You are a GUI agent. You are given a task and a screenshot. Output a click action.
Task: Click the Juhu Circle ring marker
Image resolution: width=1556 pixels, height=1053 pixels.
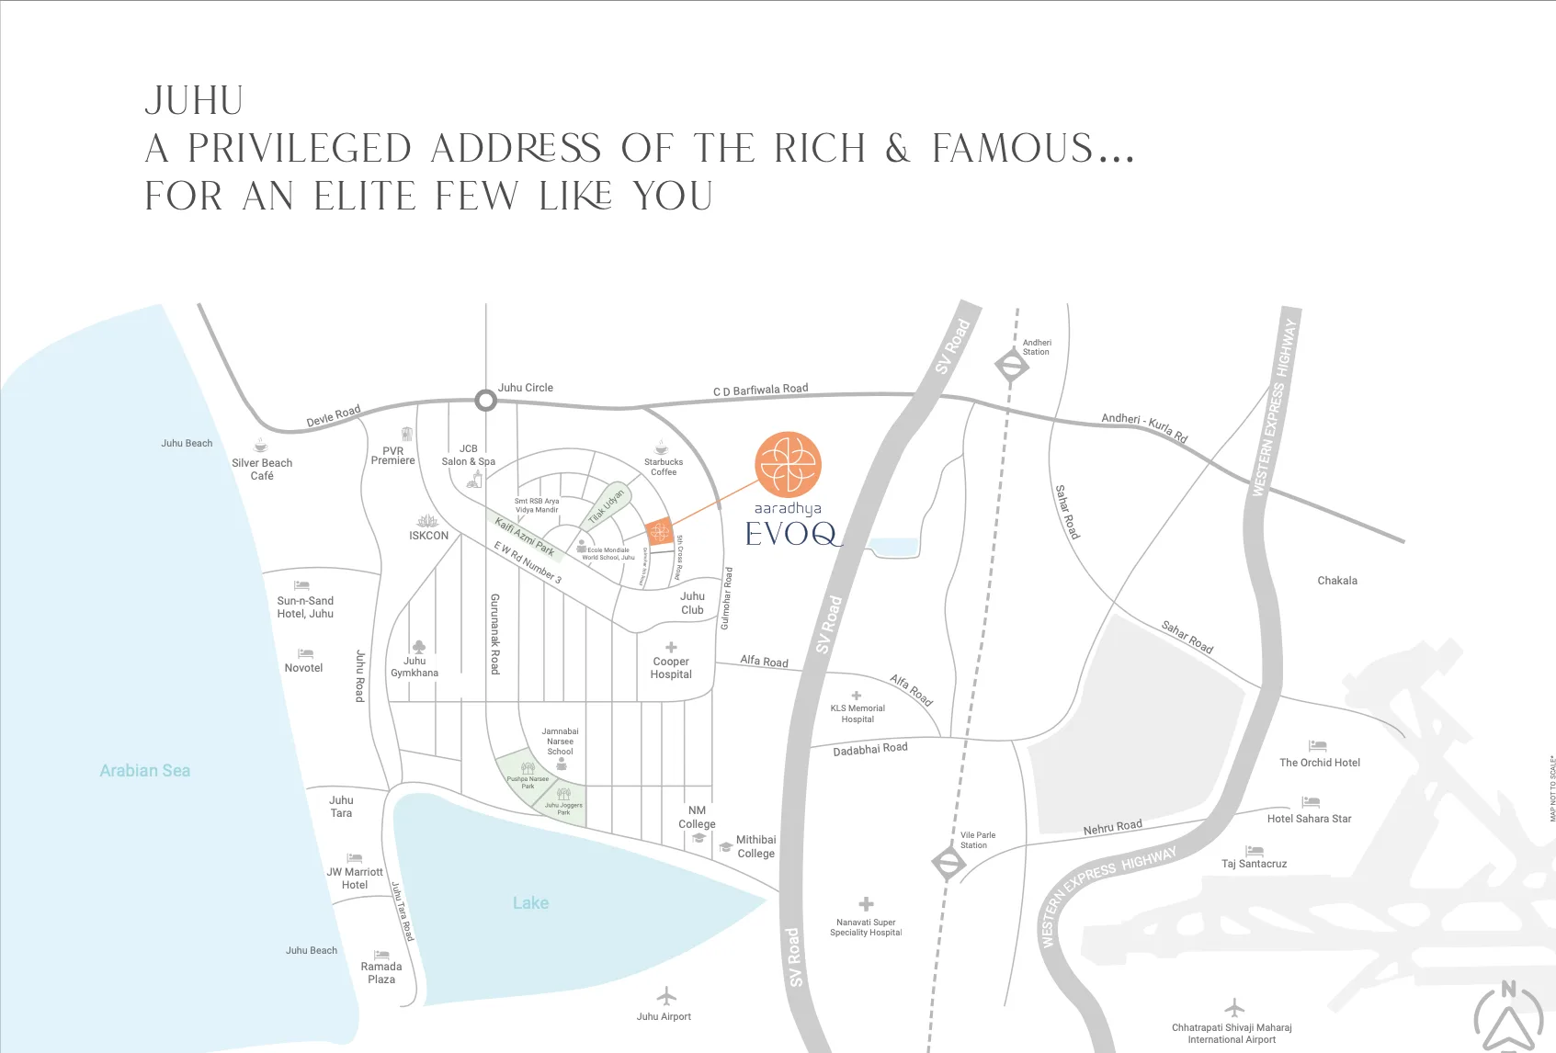pos(485,401)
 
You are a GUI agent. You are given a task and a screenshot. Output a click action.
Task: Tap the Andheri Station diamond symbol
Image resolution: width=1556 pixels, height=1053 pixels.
pos(1011,366)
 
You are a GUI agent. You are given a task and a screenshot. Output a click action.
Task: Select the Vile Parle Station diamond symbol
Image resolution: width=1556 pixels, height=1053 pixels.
pos(948,863)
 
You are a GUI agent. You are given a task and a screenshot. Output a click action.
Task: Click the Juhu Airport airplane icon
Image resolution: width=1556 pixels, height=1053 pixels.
pos(666,996)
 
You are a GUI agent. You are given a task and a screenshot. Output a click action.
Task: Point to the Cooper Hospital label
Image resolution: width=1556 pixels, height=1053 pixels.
pos(671,668)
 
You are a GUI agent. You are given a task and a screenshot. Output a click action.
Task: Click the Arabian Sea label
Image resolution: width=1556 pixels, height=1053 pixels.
pos(145,771)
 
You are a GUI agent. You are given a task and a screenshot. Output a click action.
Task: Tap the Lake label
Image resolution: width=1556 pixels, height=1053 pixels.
pos(530,903)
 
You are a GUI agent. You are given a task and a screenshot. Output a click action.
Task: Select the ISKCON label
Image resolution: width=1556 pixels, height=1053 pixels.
pos(429,536)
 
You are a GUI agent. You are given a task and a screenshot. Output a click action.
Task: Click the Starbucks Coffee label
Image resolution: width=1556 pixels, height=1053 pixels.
pos(664,467)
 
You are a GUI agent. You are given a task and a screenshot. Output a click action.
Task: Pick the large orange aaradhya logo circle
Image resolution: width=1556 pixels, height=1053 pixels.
pos(788,464)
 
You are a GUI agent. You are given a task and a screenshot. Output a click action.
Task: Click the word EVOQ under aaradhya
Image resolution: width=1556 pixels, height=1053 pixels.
pos(791,534)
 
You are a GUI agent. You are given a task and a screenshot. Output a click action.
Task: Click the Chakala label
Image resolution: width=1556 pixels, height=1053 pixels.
pos(1337,581)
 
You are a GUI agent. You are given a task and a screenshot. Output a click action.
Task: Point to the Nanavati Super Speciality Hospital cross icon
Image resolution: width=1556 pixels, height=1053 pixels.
pos(866,904)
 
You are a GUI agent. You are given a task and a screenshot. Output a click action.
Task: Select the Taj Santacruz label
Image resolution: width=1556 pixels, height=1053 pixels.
pos(1254,864)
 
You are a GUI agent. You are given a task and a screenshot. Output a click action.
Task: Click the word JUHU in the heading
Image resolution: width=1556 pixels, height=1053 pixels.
pos(194,101)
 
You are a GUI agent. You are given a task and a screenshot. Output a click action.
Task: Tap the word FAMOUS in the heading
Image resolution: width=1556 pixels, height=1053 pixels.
pos(1012,149)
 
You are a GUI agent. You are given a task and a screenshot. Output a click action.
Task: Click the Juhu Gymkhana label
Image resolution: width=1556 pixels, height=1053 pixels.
pos(415,667)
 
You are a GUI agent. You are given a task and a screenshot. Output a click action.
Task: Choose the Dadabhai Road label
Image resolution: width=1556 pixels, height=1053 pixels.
pos(869,750)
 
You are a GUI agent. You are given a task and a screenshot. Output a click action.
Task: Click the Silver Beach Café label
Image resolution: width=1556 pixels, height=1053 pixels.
pos(262,470)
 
